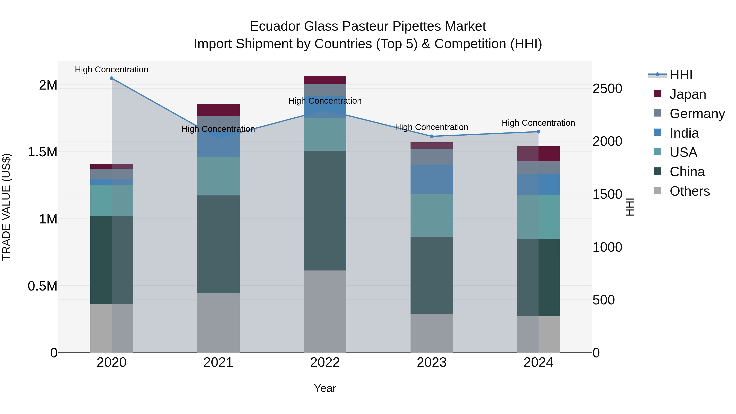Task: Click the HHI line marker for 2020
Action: pos(111,78)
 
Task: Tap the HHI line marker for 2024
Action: pos(538,132)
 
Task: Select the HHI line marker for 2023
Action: pos(432,136)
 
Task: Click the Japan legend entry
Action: pos(688,94)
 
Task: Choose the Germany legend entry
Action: pos(697,114)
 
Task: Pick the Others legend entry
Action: pos(689,191)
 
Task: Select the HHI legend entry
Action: pos(681,75)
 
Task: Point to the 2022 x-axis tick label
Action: pos(325,362)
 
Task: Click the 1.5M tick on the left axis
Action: pos(43,152)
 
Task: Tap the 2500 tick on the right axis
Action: pos(607,89)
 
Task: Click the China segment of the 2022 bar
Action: pos(325,210)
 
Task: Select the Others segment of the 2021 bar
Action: pos(218,323)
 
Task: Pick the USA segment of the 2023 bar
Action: pos(432,215)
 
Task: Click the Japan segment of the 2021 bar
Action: pos(218,110)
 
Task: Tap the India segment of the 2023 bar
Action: pos(432,180)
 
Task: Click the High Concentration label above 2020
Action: pos(111,70)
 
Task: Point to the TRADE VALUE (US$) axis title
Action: pos(6,207)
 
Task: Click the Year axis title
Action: pos(325,388)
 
